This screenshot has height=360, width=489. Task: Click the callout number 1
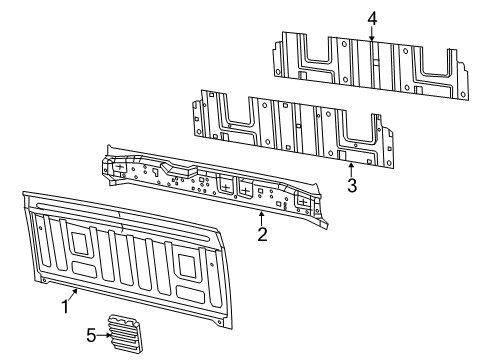(65, 307)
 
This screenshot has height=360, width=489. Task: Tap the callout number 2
(262, 234)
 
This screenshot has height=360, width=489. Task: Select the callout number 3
(351, 185)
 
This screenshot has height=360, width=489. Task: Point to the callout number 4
(372, 18)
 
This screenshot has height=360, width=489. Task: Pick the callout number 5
(91, 336)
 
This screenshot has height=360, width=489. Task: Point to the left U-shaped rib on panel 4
(312, 61)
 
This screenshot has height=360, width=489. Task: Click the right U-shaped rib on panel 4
(431, 67)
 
